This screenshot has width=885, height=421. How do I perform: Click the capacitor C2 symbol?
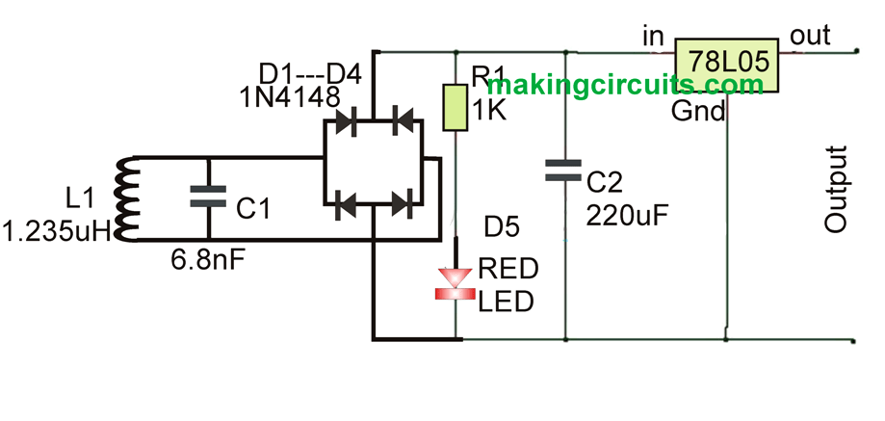click(563, 171)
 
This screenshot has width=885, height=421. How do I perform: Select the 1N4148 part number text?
click(289, 96)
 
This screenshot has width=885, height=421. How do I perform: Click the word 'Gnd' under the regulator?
click(698, 112)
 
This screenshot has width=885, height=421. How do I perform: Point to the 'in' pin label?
click(652, 36)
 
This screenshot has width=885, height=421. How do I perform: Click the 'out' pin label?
click(809, 36)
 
